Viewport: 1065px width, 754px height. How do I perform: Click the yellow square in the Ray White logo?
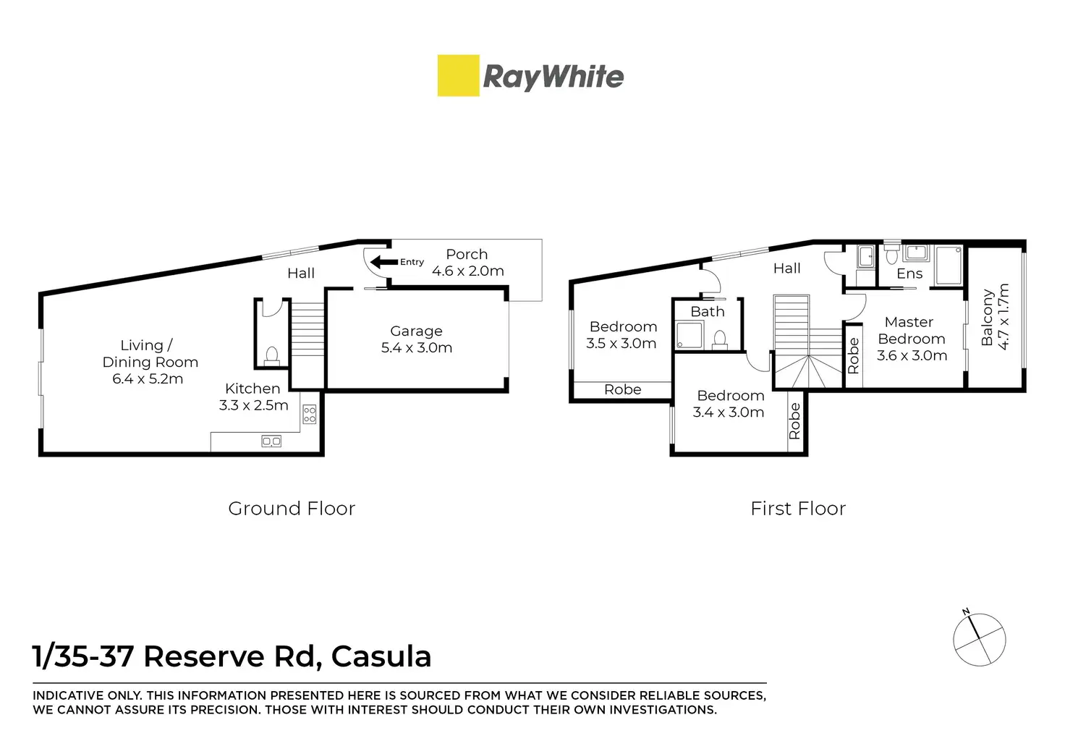(458, 75)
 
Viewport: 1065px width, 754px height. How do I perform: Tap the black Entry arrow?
(383, 262)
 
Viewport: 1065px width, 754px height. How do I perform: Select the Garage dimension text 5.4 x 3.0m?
(417, 347)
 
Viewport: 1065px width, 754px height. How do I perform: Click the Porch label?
(467, 254)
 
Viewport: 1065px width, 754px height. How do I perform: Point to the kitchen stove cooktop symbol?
(310, 414)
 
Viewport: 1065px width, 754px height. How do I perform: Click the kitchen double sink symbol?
(271, 441)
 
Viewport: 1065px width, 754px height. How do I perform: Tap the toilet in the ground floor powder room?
(271, 356)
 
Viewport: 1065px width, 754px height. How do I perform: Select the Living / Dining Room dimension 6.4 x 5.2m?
(148, 379)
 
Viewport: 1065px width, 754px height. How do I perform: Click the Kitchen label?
(253, 389)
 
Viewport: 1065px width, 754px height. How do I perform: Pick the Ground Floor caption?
(292, 509)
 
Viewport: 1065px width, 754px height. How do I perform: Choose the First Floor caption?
(798, 509)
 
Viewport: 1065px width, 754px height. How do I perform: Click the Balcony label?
(987, 317)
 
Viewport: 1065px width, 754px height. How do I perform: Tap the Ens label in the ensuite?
(909, 274)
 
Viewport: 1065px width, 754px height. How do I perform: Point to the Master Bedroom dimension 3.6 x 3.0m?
(912, 355)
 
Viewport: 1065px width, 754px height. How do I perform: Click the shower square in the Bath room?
(690, 336)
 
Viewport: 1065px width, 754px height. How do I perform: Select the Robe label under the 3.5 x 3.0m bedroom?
(623, 389)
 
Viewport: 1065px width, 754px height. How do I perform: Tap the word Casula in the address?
(381, 656)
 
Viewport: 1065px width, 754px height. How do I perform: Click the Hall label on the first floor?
(787, 268)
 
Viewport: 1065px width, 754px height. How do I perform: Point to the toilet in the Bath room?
(720, 340)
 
